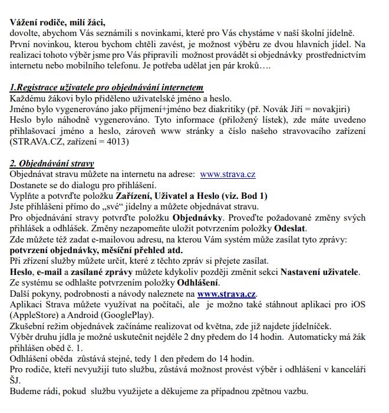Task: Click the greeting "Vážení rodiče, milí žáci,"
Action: click(58, 23)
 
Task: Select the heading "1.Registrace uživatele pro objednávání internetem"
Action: click(107, 87)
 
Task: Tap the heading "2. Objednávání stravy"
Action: click(52, 163)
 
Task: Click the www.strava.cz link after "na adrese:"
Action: click(228, 174)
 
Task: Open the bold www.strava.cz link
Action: click(227, 293)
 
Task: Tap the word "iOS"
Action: click(366, 304)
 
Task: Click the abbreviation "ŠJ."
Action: click(17, 380)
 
